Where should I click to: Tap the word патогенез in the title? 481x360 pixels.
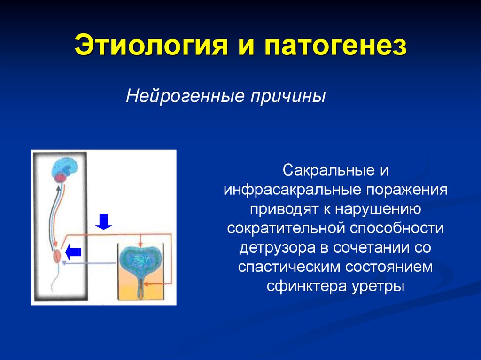[335, 46]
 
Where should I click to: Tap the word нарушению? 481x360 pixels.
[378, 209]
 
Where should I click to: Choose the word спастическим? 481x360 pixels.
[289, 267]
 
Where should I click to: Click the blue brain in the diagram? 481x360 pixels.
[66, 167]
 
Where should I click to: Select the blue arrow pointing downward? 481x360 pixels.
[104, 222]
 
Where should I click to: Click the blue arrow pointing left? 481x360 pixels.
[74, 252]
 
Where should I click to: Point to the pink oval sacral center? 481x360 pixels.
[57, 256]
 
